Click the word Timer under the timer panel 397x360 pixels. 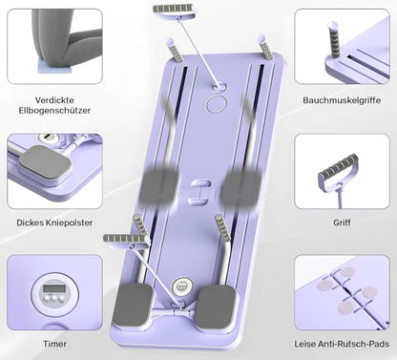(54, 344)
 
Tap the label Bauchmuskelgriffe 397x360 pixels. (342, 100)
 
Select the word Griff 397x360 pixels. (342, 222)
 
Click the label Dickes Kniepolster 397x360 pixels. (54, 222)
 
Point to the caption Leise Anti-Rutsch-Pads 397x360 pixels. (342, 344)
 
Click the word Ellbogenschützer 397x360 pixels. (54, 111)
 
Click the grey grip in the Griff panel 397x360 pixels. (338, 166)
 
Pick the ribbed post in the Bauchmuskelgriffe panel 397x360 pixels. (334, 39)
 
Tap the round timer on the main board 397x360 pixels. (181, 286)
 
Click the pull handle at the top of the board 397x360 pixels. (174, 10)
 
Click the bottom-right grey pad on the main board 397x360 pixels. (217, 307)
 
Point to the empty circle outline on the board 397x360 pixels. (217, 104)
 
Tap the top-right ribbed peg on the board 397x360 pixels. (265, 47)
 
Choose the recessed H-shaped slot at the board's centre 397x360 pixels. (198, 192)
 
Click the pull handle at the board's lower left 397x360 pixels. (126, 239)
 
